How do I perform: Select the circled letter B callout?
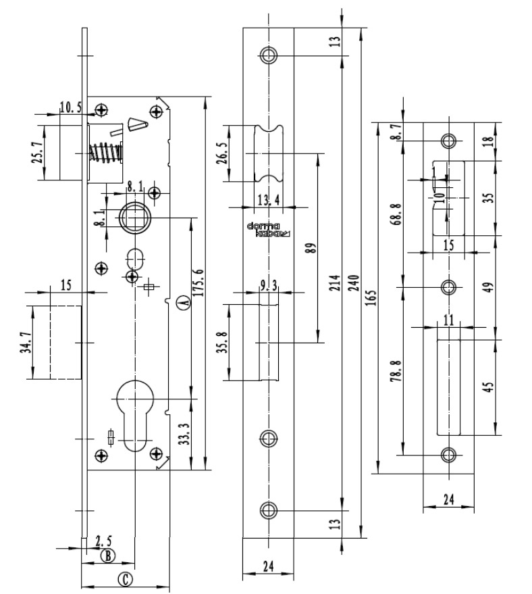(108, 555)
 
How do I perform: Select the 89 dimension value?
(310, 247)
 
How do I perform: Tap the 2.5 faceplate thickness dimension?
(104, 541)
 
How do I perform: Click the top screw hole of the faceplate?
(269, 55)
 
